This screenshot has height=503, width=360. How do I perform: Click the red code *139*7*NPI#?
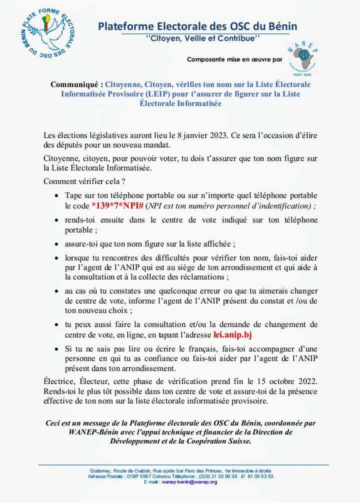pos(117,205)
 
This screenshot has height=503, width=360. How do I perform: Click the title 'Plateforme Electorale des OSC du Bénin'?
pos(197,25)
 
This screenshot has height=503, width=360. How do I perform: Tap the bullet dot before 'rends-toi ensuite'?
pos(57,220)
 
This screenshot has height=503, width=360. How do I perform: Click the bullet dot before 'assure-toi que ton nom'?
pos(57,244)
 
